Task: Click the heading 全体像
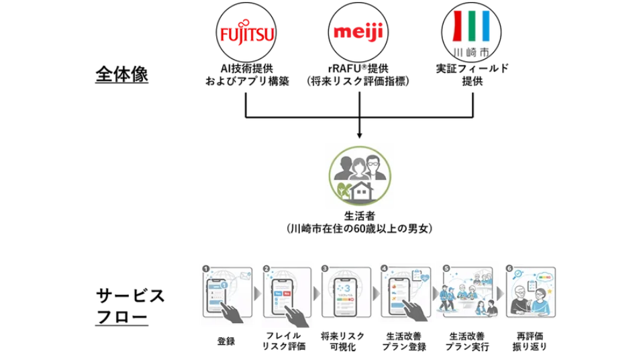click(x=121, y=75)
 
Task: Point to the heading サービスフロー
click(x=130, y=305)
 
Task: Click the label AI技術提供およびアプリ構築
click(x=247, y=76)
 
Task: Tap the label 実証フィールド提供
click(x=472, y=76)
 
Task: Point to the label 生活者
click(x=360, y=216)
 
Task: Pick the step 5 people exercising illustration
click(x=467, y=292)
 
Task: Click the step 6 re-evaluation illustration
click(x=530, y=292)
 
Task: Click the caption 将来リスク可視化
click(x=342, y=341)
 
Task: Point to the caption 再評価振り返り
click(x=530, y=341)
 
